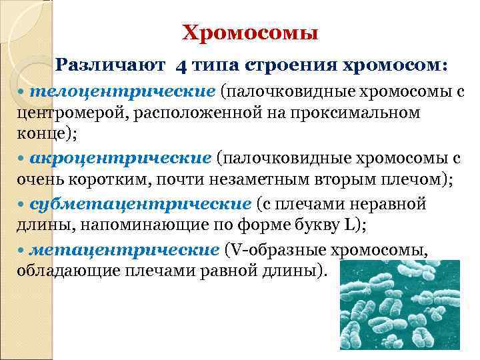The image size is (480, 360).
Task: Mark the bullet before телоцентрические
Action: click(21, 91)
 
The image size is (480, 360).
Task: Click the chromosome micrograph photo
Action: click(400, 307)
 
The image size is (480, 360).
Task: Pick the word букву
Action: click(306, 225)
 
